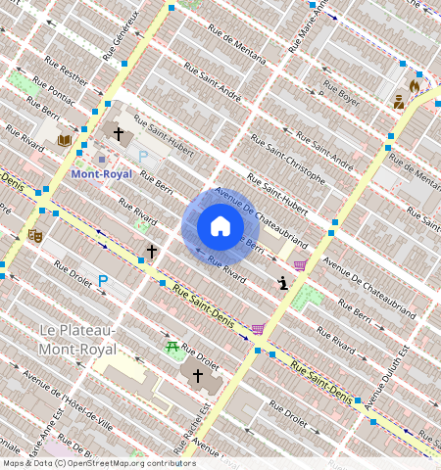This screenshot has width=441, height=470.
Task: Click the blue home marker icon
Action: (x=220, y=226)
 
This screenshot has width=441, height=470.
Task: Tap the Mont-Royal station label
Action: (x=101, y=174)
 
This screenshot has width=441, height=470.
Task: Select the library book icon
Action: (x=65, y=140)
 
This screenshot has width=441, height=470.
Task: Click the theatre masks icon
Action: (x=35, y=235)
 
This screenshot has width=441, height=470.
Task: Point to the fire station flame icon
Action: (x=414, y=86)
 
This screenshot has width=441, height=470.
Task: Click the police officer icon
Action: (x=399, y=101)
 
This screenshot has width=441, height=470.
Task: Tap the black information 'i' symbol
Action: (x=283, y=284)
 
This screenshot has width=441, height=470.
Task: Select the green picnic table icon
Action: (x=172, y=347)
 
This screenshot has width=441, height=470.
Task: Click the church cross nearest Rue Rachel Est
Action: (x=197, y=375)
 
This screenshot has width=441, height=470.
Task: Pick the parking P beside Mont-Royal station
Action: (x=142, y=156)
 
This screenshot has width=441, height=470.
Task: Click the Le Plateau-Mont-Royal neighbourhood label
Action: (x=76, y=340)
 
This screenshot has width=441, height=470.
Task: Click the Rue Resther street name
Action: (x=60, y=73)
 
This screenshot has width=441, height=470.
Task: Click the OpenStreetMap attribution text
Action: (x=98, y=463)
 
